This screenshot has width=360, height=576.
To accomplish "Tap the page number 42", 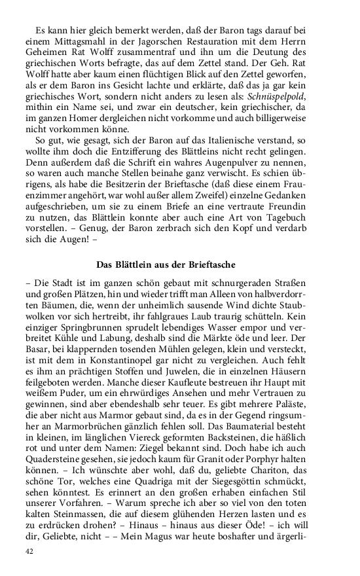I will pyautogui.click(x=29, y=551).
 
